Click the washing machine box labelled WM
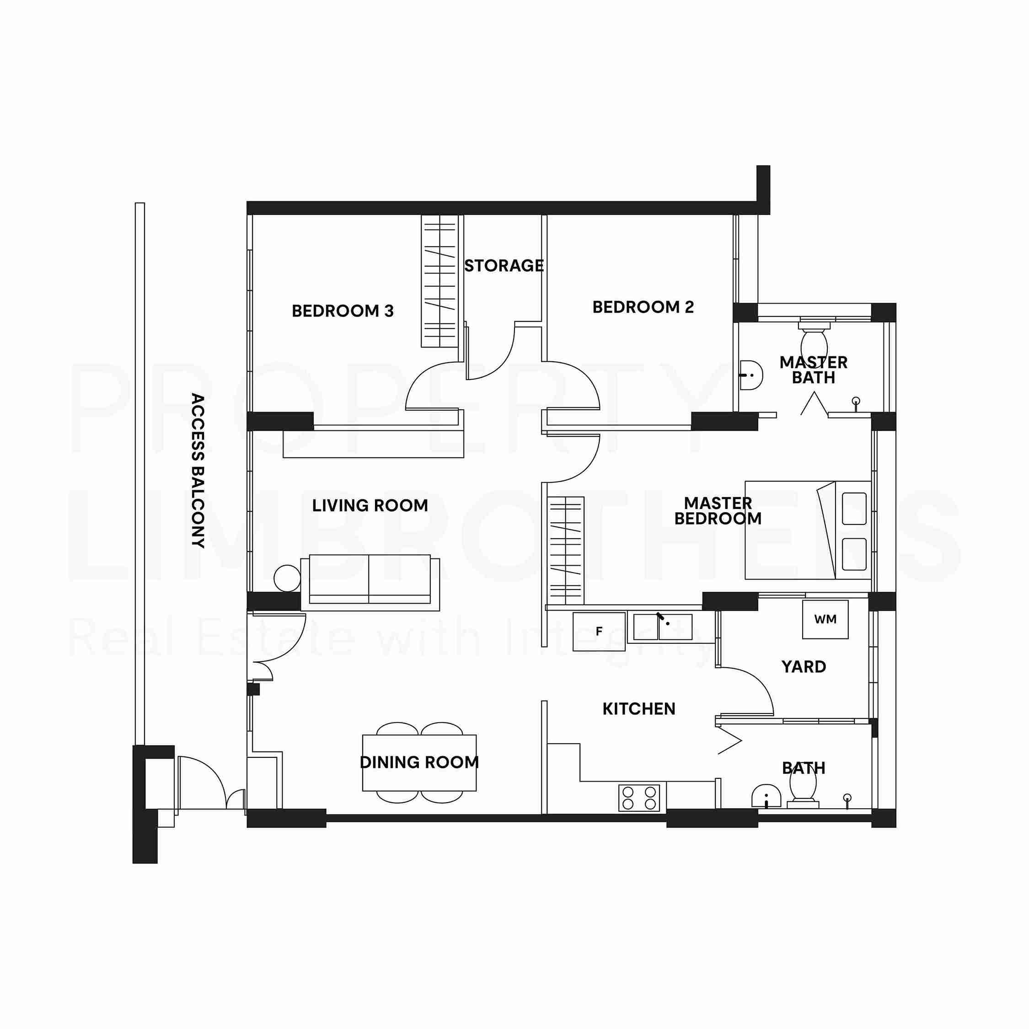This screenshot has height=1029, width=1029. tap(825, 619)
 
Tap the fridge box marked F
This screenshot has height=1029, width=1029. tap(599, 632)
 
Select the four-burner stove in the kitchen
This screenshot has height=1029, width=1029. tap(638, 798)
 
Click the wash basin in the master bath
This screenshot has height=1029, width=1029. tap(751, 375)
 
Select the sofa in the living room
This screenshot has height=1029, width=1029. tap(370, 582)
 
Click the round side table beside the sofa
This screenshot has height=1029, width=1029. tap(287, 578)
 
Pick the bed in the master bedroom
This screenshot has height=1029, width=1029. tap(808, 530)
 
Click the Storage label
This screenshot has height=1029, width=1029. tap(504, 266)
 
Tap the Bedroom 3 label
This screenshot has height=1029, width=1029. tap(343, 311)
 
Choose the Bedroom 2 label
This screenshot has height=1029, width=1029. tap(643, 307)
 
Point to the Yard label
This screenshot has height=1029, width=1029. tap(804, 667)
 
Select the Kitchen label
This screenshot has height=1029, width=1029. tap(638, 709)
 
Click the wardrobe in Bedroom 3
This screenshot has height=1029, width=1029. tap(439, 281)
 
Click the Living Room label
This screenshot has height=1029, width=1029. tap(370, 505)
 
